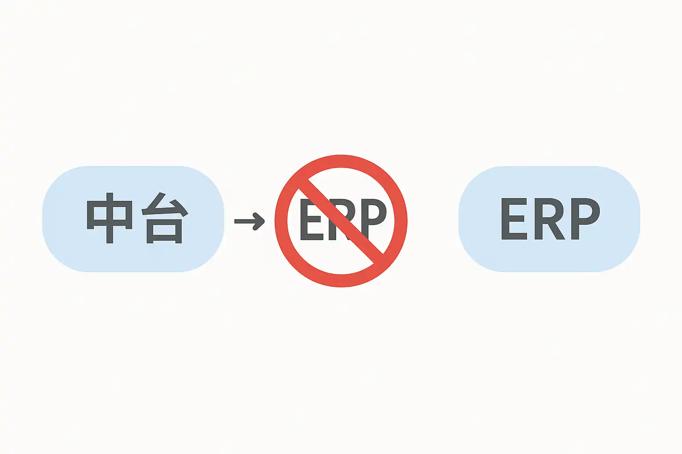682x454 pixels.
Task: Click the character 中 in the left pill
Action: [x=110, y=217]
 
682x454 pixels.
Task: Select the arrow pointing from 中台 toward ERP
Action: [x=249, y=221]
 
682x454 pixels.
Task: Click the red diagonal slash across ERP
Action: [x=341, y=221]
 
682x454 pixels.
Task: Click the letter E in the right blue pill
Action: [x=514, y=219]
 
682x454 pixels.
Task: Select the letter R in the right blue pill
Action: [x=550, y=219]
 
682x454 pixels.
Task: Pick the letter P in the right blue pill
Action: [x=585, y=219]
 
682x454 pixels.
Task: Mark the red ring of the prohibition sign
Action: [x=341, y=161]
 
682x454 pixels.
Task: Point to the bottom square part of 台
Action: [x=164, y=232]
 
